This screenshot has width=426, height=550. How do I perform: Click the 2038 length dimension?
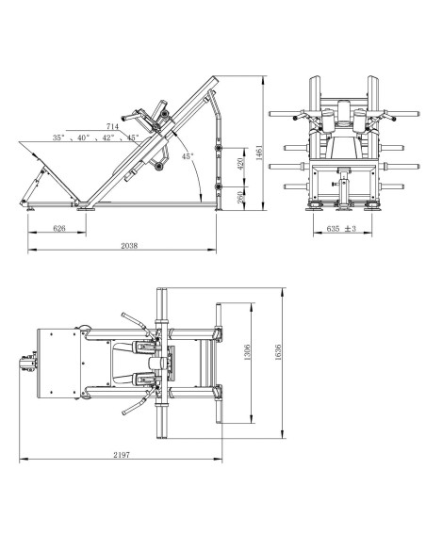(x=129, y=246)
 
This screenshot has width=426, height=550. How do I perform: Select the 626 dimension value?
(x=59, y=228)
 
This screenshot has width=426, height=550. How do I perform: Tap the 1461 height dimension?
(x=260, y=153)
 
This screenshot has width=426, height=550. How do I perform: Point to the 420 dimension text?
(x=240, y=164)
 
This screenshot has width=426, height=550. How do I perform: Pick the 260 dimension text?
(x=240, y=198)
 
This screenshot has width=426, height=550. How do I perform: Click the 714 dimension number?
(x=112, y=126)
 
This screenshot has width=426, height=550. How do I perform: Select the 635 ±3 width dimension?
(x=341, y=228)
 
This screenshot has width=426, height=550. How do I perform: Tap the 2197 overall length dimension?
(x=122, y=455)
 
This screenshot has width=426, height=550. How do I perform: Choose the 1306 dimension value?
(x=247, y=352)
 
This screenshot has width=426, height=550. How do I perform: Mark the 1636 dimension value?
(x=278, y=352)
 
